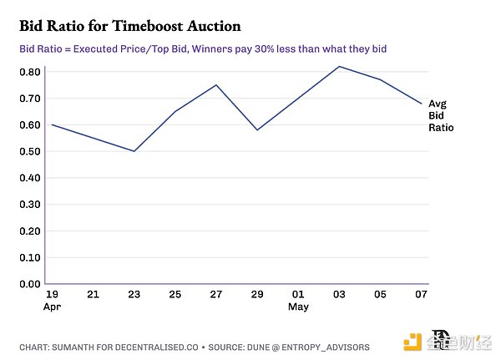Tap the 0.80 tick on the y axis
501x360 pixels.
[31, 72]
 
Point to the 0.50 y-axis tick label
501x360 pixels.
[31, 151]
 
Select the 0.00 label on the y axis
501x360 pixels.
[31, 284]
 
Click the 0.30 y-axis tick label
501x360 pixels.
[31, 205]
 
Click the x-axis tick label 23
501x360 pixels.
[134, 294]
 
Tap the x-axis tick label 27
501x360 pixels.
[216, 294]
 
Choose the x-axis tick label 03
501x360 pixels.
[339, 294]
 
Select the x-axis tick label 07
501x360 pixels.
[421, 294]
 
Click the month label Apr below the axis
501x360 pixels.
[51, 307]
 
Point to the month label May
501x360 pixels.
[298, 307]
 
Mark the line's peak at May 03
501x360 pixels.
[339, 66]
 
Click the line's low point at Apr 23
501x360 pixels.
[134, 151]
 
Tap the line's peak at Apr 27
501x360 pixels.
[216, 85]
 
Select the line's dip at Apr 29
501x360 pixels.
[257, 129]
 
